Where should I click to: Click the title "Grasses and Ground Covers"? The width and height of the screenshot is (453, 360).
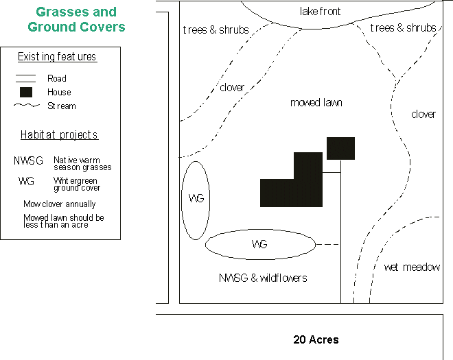(76, 20)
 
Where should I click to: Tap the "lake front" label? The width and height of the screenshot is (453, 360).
(320, 12)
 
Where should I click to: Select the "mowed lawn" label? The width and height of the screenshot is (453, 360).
(316, 103)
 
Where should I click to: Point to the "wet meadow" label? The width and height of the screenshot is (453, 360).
(412, 267)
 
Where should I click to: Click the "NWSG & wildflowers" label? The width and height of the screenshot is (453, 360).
(263, 278)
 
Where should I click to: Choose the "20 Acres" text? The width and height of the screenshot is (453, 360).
(316, 339)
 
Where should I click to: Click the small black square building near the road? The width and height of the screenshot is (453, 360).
(340, 148)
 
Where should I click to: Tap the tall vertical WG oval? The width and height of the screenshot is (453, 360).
(196, 200)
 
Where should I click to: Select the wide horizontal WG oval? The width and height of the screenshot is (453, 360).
(259, 244)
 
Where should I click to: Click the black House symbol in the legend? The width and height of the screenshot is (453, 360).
(26, 92)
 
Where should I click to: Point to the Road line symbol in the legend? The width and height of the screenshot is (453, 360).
(26, 78)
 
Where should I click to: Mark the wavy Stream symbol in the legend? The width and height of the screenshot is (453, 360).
(26, 106)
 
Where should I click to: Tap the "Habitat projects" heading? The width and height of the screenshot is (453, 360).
(59, 135)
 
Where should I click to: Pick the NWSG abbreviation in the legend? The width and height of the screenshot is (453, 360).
(28, 161)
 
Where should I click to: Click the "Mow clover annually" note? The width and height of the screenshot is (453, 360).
(60, 204)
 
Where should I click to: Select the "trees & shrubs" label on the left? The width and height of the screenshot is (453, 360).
(216, 30)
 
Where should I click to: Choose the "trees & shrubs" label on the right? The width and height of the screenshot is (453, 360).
(403, 28)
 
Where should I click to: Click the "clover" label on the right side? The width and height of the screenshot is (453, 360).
(423, 115)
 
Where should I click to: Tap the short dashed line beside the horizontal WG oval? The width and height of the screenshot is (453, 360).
(327, 244)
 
